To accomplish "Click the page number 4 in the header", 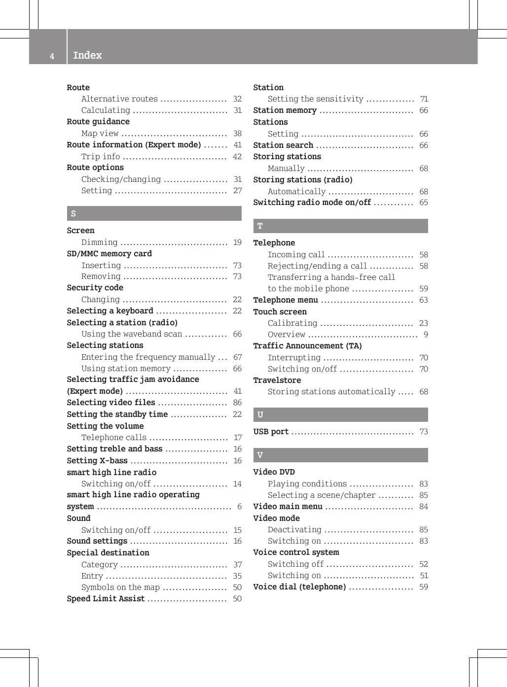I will tap(52, 56).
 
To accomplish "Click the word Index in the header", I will tap(87, 55).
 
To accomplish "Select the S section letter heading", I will tap(73, 213).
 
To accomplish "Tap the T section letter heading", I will tap(260, 226).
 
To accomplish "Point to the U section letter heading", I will tap(260, 414).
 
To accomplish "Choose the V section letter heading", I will tap(260, 455).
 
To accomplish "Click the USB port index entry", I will tap(271, 432).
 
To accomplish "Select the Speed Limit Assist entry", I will tap(106, 598).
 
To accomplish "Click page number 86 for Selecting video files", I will tap(237, 402).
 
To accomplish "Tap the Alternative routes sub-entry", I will tap(119, 99).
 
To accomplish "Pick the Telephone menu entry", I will tap(286, 300).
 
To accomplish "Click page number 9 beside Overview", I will tap(426, 335).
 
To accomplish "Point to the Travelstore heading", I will tap(277, 380).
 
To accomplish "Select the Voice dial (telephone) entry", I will tap(299, 586).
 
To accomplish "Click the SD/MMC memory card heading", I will tap(109, 253).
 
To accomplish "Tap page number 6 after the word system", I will tap(239, 506).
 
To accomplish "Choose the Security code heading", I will tap(95, 287).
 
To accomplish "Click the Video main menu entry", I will tap(288, 506).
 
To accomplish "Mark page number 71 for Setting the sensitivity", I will tap(424, 99).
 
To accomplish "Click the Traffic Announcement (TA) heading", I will tap(307, 345).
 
